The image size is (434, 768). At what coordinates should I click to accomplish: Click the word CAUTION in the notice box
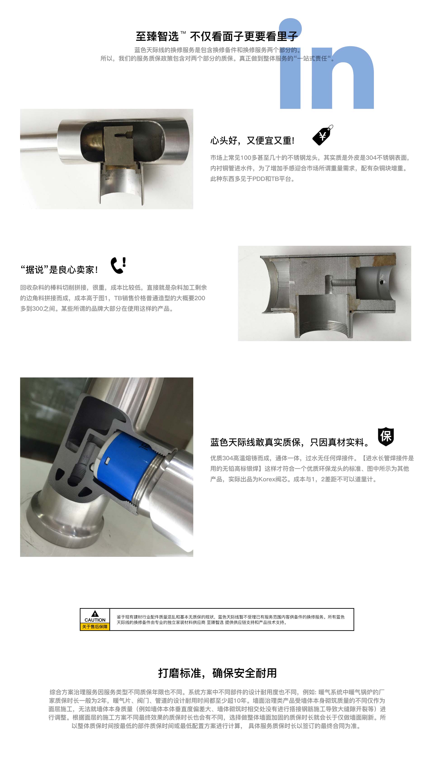(95, 620)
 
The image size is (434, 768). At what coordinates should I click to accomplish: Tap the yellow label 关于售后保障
(95, 626)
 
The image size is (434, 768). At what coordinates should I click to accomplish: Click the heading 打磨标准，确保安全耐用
(217, 673)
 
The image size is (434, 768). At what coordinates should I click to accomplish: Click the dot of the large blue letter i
(290, 29)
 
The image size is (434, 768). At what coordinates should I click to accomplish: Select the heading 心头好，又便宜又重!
(252, 140)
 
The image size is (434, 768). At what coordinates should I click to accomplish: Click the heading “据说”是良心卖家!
(59, 269)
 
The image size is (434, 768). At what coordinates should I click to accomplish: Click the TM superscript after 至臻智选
(183, 33)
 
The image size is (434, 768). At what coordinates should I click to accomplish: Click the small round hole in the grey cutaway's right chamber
(381, 282)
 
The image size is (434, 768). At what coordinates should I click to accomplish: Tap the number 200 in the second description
(200, 298)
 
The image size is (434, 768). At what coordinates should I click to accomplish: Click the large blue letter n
(343, 77)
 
